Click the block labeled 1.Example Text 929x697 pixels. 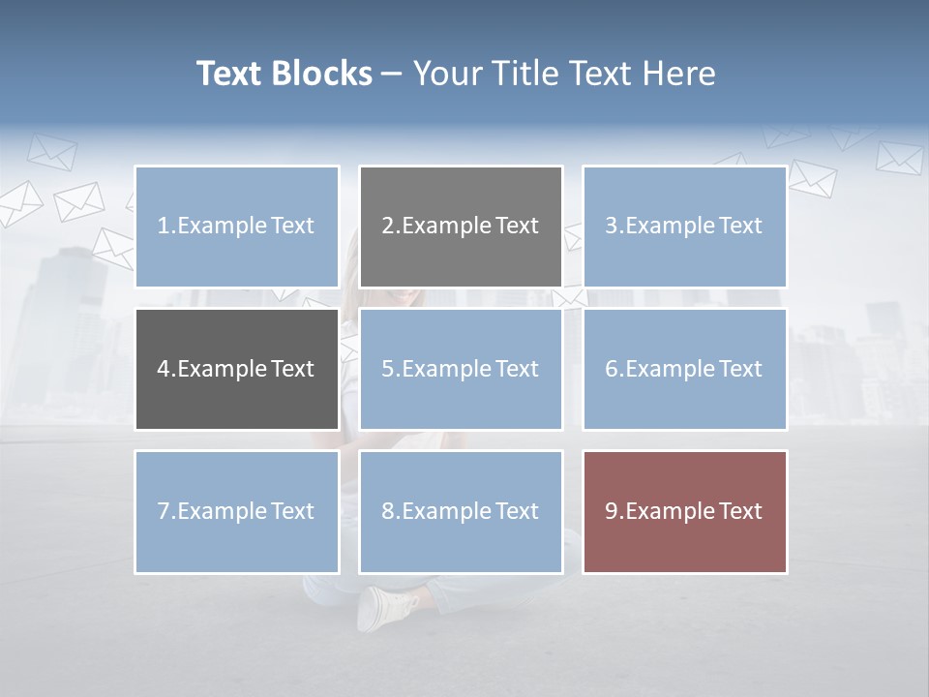[x=237, y=227]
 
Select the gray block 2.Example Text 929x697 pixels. [x=461, y=227]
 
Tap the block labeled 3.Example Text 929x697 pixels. [x=684, y=227]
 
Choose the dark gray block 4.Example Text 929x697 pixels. [x=237, y=369]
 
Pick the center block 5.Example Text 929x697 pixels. [x=461, y=369]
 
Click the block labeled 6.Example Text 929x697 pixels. [x=684, y=369]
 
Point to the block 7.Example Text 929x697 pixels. [x=237, y=511]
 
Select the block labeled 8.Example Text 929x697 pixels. [x=461, y=511]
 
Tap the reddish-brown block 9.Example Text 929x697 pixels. [x=684, y=511]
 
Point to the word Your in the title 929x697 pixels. [x=444, y=74]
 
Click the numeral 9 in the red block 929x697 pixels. [x=612, y=511]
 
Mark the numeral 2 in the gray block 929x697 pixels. [x=388, y=227]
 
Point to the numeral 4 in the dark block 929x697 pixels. [x=164, y=369]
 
